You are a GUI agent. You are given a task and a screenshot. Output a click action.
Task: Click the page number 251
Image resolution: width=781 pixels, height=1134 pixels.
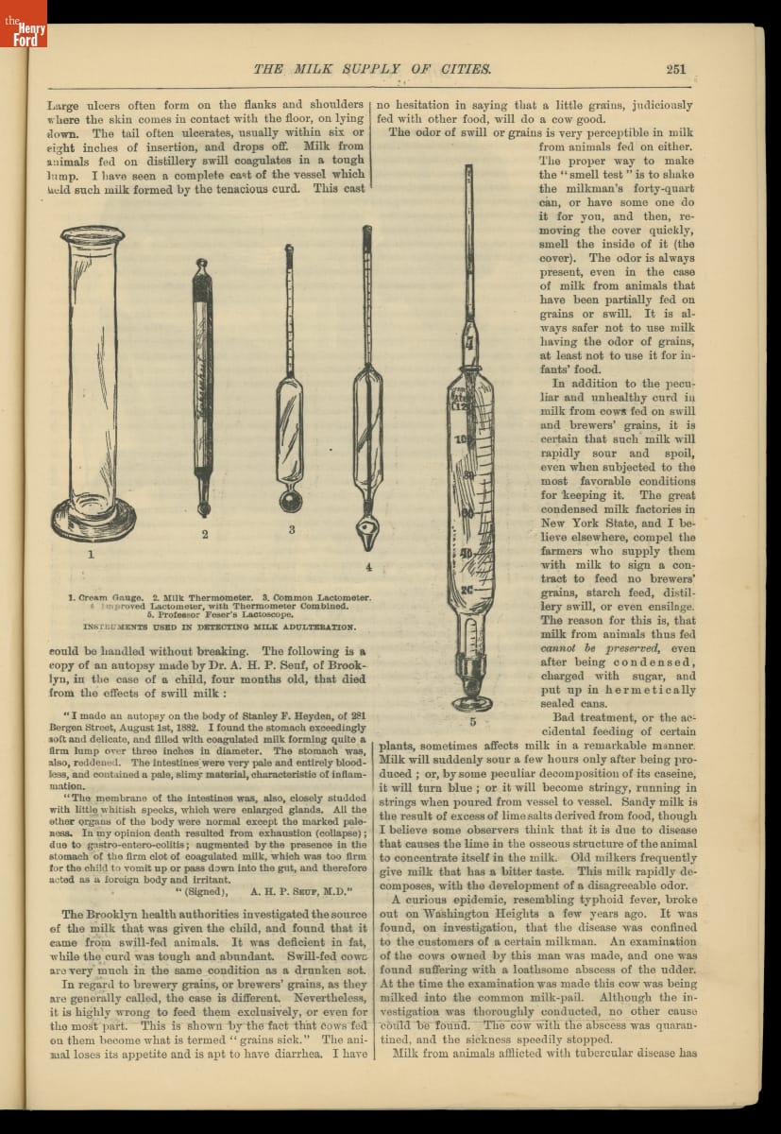pos(675,68)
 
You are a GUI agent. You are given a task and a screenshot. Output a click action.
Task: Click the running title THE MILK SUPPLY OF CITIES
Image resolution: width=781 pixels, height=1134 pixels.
pos(372,69)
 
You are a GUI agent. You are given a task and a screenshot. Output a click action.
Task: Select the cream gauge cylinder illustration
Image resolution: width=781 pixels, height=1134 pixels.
pos(92,378)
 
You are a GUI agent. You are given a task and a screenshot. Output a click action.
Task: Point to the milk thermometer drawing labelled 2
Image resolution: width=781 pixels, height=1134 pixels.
pos(202,387)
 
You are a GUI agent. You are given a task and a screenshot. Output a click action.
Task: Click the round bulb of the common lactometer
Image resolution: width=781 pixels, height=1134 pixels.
pos(291,499)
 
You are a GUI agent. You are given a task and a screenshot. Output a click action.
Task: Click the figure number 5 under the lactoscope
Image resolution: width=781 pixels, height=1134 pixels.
pos(471,723)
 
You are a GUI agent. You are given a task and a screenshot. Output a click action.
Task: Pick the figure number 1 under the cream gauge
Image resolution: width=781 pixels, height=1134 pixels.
pos(91,555)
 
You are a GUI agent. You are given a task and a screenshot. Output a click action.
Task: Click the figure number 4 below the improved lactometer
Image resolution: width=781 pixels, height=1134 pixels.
pos(368,567)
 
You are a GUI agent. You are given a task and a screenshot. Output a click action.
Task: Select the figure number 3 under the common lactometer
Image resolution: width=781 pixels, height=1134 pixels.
pos(291,530)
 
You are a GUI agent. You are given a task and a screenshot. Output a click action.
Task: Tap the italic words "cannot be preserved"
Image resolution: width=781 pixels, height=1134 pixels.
pos(577,648)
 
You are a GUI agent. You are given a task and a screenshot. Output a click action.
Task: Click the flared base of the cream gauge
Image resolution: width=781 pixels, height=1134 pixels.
pos(93,519)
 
